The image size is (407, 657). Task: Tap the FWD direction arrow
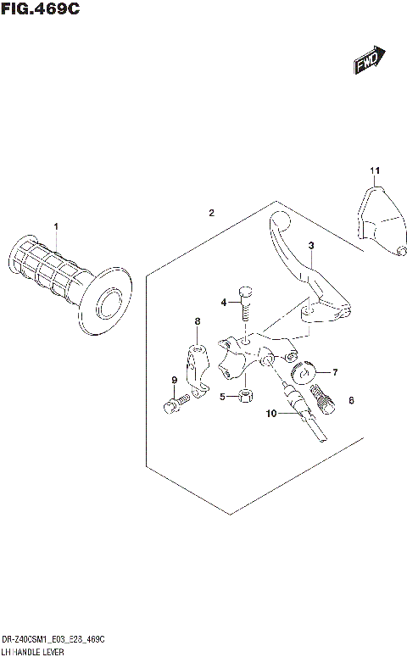[x=371, y=60]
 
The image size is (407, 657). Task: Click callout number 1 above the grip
[x=56, y=226]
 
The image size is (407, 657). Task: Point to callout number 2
[x=212, y=212]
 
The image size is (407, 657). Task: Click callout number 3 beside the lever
[x=311, y=246]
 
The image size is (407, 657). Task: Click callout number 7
[x=334, y=371]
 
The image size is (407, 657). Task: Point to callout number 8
[x=197, y=321]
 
